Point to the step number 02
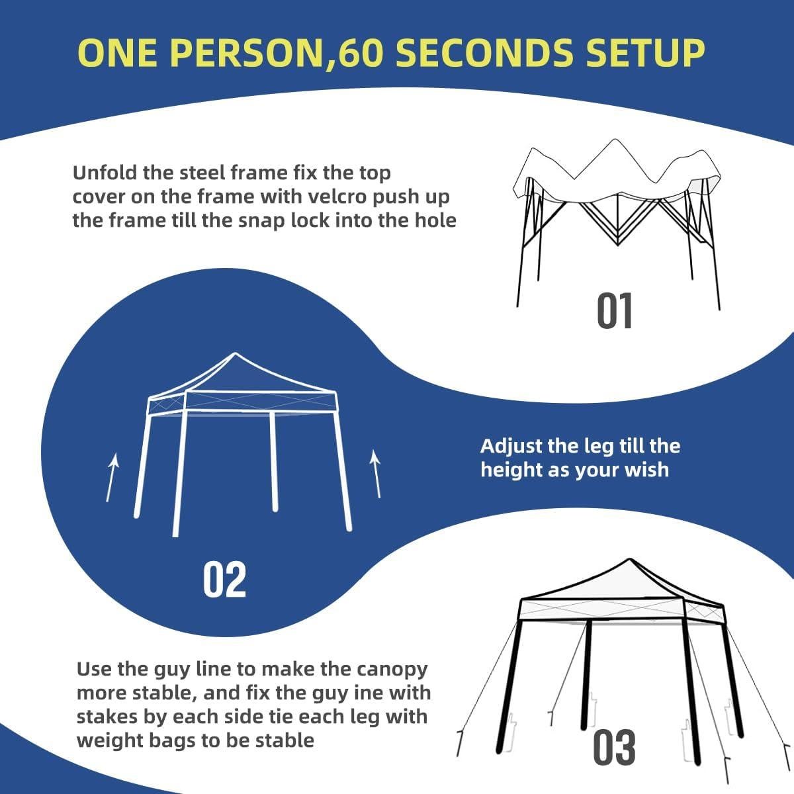click(x=224, y=579)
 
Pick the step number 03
click(x=614, y=748)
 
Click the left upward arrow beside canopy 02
click(x=112, y=476)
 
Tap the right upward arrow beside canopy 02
click(x=376, y=473)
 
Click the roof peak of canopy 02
click(x=232, y=355)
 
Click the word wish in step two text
click(x=648, y=470)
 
